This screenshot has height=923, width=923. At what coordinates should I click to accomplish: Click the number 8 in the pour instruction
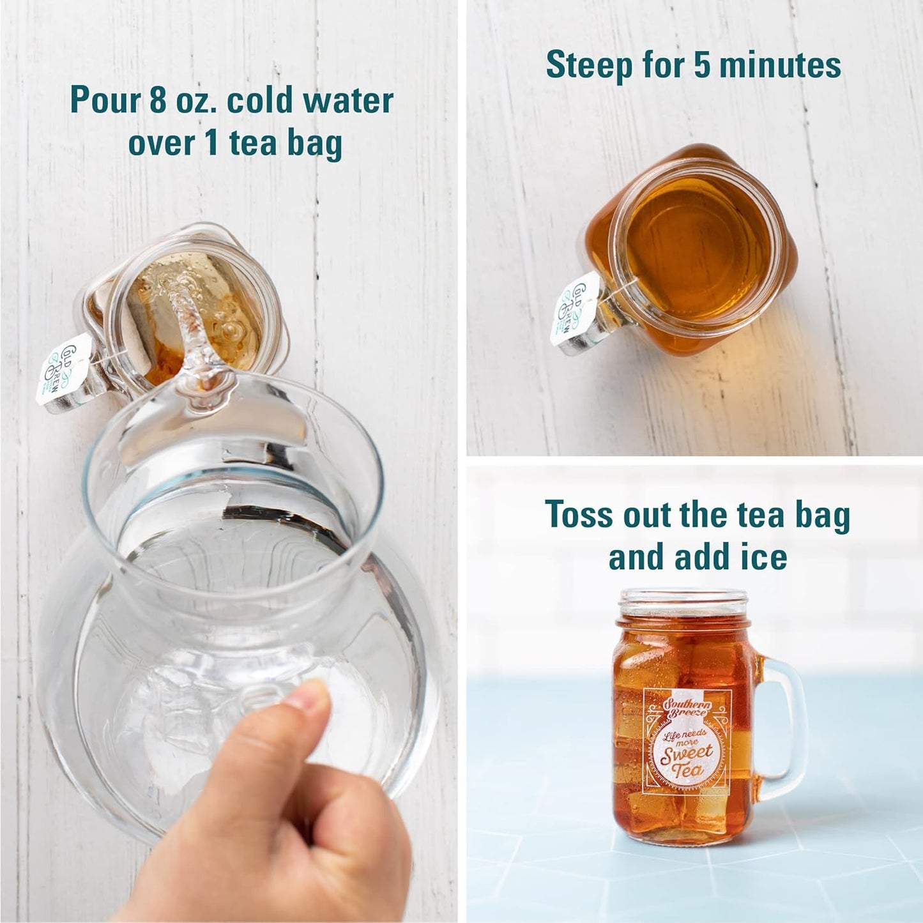coord(157,102)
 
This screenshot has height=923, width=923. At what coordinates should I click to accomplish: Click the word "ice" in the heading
coord(765,557)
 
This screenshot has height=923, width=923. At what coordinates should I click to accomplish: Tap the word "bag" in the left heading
coord(314,144)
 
